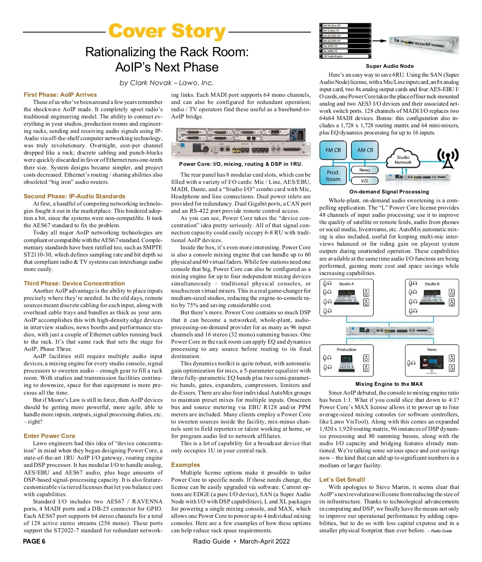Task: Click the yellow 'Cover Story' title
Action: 167,31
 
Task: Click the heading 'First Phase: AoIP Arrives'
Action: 60,95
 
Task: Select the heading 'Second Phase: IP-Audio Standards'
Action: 74,196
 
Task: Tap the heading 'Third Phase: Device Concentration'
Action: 74,283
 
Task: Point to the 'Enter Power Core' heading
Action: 49,436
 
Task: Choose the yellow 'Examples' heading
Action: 185,465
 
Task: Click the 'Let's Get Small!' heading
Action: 342,480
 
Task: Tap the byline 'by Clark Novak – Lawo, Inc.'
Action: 167,83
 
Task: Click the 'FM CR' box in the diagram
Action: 333,150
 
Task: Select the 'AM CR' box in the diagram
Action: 365,150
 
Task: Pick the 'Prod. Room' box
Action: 333,176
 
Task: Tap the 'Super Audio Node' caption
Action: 390,66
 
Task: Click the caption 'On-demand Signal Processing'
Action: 389,192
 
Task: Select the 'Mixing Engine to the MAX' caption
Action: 389,384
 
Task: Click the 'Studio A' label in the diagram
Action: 346,284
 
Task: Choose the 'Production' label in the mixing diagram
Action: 346,350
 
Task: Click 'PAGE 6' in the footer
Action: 34,541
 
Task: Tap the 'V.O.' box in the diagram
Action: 365,181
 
